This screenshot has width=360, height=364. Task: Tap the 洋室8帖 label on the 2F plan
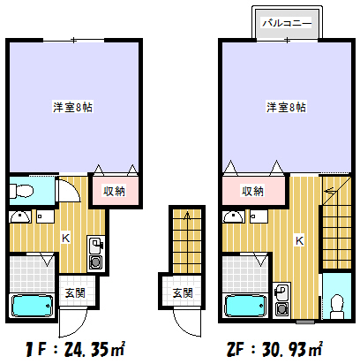coord(287,107)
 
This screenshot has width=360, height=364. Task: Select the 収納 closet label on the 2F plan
coord(253,191)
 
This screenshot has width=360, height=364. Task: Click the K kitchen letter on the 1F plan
coord(65,237)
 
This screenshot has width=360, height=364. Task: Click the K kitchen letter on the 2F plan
coord(300,239)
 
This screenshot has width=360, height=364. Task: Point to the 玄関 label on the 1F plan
coord(74,292)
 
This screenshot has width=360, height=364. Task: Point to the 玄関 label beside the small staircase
coord(182,292)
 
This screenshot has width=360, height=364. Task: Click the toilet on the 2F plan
coord(335,305)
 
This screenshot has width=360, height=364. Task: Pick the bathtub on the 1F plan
coord(33,307)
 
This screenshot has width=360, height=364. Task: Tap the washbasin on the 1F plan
coord(19,217)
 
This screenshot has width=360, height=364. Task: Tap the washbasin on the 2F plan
coord(233,217)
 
